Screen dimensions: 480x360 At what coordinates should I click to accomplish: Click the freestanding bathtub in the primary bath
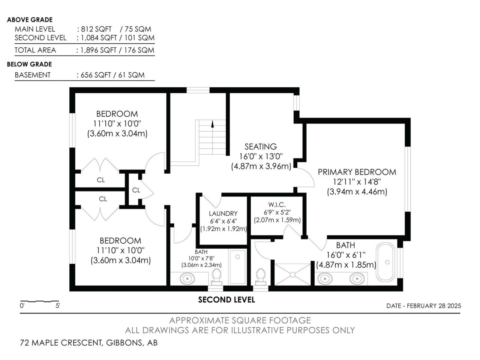click(385, 262)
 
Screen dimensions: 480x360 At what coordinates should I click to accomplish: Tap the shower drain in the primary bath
click(292, 274)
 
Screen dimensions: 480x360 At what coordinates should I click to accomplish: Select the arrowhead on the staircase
click(212, 124)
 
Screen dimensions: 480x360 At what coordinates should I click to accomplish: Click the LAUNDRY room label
click(223, 213)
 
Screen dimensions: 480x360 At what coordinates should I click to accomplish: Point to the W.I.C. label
click(277, 205)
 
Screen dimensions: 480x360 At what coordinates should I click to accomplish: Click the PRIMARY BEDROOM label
click(357, 172)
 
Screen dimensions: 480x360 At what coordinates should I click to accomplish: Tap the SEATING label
click(261, 147)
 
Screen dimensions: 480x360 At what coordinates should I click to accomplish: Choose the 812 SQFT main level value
click(96, 29)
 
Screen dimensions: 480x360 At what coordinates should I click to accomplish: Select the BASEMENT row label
click(33, 75)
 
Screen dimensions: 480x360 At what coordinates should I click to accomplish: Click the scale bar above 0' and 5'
click(39, 301)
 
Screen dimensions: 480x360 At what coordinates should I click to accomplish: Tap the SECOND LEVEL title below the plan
click(226, 300)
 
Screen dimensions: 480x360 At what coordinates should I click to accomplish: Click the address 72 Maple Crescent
click(61, 342)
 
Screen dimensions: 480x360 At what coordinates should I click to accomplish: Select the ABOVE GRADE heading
click(30, 19)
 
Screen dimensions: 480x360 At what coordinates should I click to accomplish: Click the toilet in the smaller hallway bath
click(217, 277)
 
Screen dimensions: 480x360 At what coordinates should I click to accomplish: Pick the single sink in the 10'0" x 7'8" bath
click(187, 279)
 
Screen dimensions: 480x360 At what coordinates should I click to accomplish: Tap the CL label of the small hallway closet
click(136, 190)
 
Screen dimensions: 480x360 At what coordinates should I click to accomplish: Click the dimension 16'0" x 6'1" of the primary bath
click(346, 255)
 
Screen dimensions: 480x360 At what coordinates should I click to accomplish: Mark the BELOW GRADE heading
click(29, 64)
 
